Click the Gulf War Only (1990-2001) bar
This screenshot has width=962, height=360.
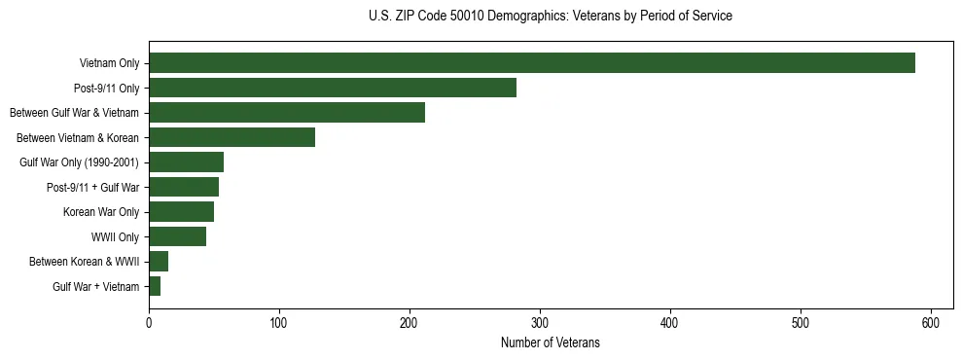pos(186,162)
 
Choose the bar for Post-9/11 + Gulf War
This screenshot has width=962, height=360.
pos(184,187)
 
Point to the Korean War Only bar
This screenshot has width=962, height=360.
pos(182,212)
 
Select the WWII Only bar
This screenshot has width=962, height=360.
pos(178,236)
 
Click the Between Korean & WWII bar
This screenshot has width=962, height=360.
pos(159,262)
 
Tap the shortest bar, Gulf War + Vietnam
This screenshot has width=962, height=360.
pos(155,286)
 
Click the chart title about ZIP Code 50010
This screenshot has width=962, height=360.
pos(551,17)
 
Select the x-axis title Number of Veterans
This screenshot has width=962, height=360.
pos(550,343)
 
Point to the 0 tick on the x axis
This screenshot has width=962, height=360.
pos(149,322)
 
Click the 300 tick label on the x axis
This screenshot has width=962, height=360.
pos(540,322)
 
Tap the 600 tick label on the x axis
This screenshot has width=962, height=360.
pos(931,322)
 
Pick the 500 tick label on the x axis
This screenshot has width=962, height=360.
pos(801,322)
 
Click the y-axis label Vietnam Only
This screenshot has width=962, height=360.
pos(109,64)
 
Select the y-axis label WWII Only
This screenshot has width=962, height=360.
pos(115,237)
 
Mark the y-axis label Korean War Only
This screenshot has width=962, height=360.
pos(101,212)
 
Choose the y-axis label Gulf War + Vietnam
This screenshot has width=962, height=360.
pos(95,287)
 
